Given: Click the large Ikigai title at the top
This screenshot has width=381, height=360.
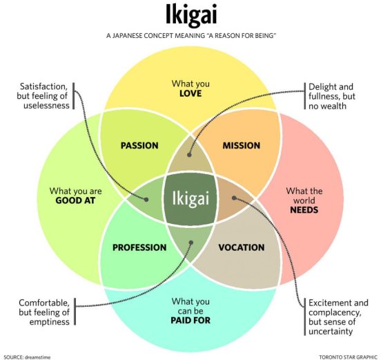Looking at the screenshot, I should [x=190, y=15].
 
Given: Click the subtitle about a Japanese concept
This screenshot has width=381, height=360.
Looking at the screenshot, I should [x=190, y=35].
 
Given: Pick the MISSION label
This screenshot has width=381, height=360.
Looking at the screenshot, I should [x=241, y=146].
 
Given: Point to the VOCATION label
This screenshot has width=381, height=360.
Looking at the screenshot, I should [x=241, y=247].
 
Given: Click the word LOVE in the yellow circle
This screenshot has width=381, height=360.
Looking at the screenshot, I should [x=190, y=93].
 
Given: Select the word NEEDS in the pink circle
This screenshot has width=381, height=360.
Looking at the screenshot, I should [x=304, y=209].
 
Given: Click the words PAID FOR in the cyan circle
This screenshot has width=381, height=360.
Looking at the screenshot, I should [x=190, y=321].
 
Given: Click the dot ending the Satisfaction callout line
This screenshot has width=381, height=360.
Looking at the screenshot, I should [x=146, y=199].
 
